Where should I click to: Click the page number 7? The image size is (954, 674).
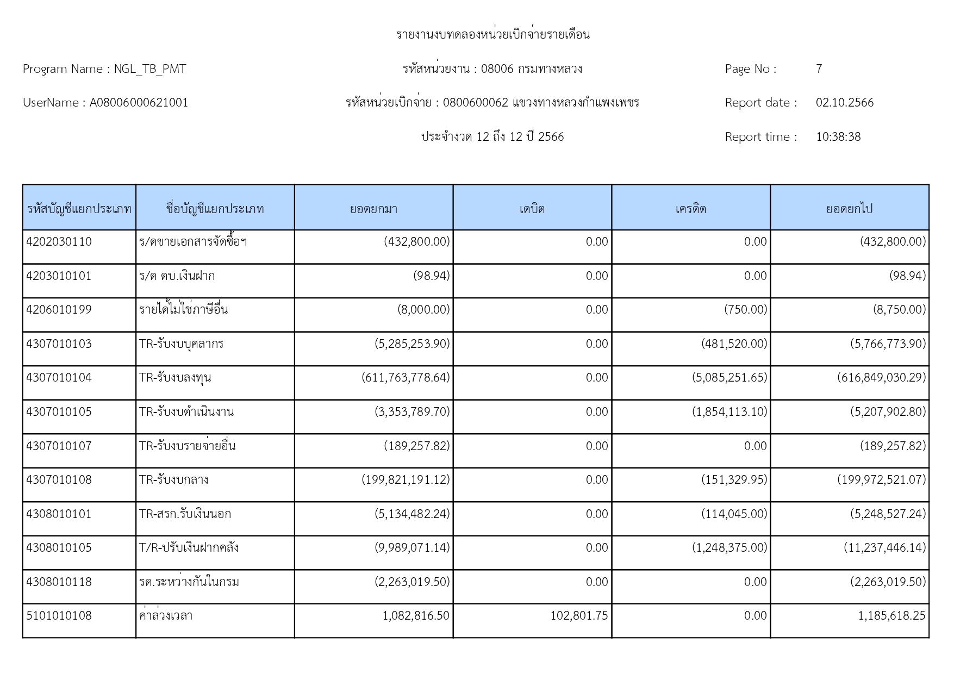[x=819, y=69]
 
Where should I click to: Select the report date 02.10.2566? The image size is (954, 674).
[x=844, y=103]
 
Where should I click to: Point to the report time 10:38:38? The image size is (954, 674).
[x=838, y=137]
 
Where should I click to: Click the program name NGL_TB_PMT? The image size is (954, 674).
[x=149, y=69]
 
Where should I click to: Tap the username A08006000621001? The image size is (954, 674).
[x=139, y=103]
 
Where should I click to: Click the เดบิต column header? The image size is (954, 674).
[x=532, y=209]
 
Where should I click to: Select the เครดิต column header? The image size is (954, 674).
[x=690, y=209]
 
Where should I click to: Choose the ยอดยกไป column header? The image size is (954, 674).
[x=849, y=209]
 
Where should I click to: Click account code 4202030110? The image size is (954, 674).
[x=59, y=242]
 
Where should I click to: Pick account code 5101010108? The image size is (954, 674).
[x=59, y=616]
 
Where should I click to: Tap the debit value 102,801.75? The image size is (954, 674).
[x=579, y=616]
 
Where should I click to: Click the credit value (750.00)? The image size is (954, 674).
[x=745, y=310]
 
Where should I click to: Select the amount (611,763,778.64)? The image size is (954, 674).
[x=406, y=378]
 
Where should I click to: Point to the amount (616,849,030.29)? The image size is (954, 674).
[x=881, y=378]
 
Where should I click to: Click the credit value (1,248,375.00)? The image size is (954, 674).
[x=729, y=548]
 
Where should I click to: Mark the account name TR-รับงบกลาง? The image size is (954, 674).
[x=173, y=480]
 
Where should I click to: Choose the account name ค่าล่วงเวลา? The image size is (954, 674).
[x=166, y=616]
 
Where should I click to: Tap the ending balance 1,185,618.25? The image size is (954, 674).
[x=891, y=616]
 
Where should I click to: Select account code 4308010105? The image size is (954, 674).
[x=59, y=548]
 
